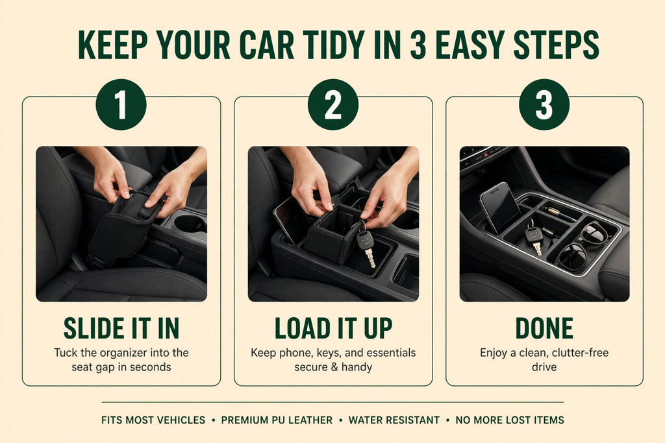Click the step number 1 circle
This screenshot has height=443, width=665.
[x=121, y=104]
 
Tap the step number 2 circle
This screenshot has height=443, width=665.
[x=333, y=104]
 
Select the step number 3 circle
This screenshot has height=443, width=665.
[x=544, y=104]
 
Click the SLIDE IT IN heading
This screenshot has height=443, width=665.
[x=121, y=328]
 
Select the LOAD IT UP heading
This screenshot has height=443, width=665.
[x=333, y=328]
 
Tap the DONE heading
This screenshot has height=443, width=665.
[x=544, y=328]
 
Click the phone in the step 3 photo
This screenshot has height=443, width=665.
[x=501, y=208]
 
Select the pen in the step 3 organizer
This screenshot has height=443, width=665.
[x=560, y=214]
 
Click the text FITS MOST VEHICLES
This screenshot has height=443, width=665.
[x=153, y=420]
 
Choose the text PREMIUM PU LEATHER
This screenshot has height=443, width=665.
[x=277, y=420]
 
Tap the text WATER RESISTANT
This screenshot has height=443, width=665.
[x=394, y=420]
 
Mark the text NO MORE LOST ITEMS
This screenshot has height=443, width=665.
[x=510, y=420]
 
